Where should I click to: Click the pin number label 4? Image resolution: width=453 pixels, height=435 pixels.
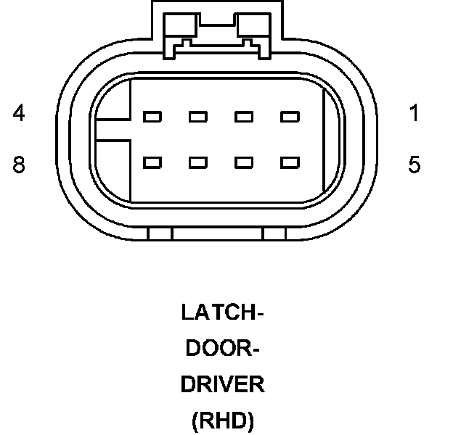pos(19,114)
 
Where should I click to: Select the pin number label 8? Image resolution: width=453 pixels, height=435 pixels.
pos(19,165)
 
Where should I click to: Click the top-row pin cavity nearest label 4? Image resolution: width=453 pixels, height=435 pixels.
pos(152,117)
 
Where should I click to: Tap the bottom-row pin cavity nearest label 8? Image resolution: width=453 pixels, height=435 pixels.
pos(152,162)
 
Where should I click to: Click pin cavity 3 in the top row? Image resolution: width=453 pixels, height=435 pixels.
pos(197,117)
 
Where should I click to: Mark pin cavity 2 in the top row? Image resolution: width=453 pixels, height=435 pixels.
pos(244,117)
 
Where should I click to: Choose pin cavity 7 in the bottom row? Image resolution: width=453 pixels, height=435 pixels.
pos(197,162)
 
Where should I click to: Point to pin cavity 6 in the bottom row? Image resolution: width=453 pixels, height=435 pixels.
pos(244,162)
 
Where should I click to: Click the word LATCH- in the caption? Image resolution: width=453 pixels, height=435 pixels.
pos(222,313)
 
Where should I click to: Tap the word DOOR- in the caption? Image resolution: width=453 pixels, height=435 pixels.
pos(222,349)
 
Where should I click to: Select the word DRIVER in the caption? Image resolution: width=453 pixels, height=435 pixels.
pos(222,384)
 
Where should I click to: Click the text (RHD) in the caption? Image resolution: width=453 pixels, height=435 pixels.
pos(222,421)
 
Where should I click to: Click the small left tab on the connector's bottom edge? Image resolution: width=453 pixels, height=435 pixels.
pos(160,234)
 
